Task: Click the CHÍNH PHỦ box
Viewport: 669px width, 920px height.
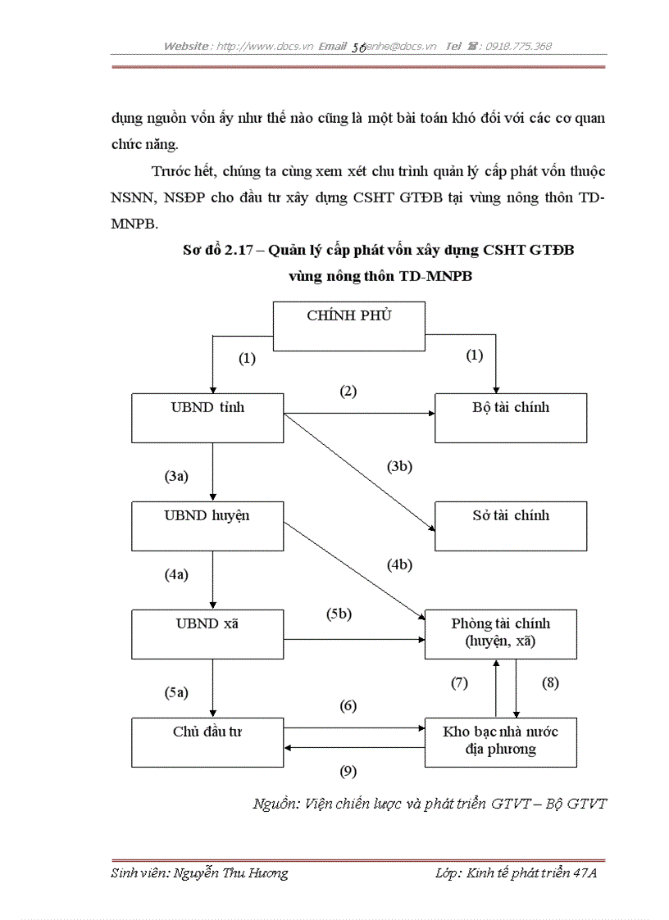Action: coord(349,325)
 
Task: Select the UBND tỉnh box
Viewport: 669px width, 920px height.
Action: coord(207,418)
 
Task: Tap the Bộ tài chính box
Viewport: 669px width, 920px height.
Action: coord(511,418)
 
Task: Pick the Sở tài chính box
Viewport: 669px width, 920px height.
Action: coord(511,525)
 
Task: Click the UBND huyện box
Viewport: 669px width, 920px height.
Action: coord(207,525)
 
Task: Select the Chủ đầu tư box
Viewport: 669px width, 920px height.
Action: coord(207,742)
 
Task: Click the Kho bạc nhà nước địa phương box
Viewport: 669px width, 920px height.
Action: coord(500,742)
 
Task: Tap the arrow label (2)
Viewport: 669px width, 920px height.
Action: coord(349,391)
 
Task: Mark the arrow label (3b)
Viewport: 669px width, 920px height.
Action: coord(399,466)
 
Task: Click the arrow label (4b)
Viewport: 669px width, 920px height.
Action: coord(399,564)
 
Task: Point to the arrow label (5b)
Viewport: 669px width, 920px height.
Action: coord(339,614)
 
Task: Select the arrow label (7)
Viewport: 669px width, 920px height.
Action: coord(459,682)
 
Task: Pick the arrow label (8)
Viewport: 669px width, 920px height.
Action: coord(550,682)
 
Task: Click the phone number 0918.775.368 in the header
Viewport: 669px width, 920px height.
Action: coord(518,46)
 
